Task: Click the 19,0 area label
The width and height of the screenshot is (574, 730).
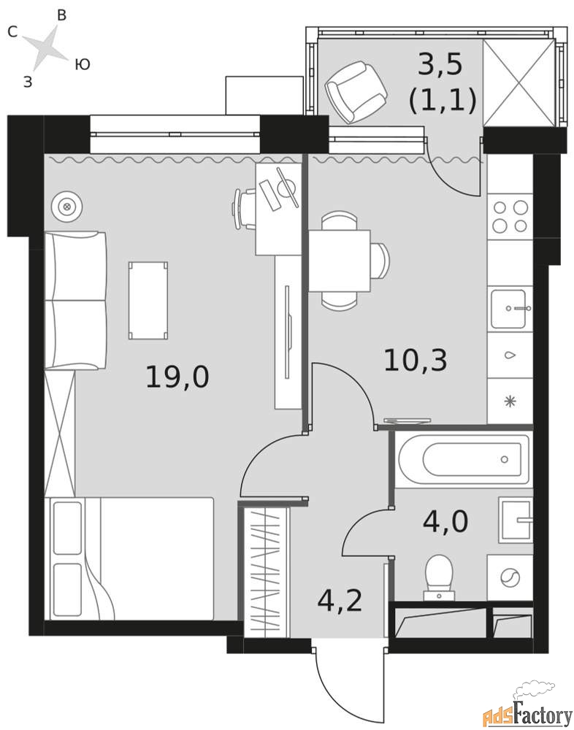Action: pos(177,377)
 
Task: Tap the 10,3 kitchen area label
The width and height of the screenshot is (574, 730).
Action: pos(416,361)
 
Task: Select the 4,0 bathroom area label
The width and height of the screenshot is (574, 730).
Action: pos(445,521)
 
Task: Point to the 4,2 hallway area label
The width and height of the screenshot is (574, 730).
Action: pos(340,601)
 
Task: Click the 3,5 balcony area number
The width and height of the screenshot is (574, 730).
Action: pos(440,64)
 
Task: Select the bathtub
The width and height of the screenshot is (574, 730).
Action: pos(464,460)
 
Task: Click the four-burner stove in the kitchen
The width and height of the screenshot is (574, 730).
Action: pos(510,217)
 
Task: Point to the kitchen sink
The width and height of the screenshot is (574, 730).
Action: pos(510,309)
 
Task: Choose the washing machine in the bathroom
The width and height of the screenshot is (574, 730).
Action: pos(510,577)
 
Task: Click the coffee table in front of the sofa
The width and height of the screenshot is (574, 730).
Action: pos(148,300)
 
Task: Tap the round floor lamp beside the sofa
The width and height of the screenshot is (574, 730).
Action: pos(68,207)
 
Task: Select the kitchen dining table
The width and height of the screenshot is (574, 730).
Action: pos(340,261)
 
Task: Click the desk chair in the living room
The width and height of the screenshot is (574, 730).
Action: pos(244,209)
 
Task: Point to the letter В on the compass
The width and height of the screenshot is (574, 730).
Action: pos(61,15)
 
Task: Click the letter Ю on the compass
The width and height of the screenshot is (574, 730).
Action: pos(82,64)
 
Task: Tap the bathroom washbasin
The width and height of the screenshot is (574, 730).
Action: pos(516,520)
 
